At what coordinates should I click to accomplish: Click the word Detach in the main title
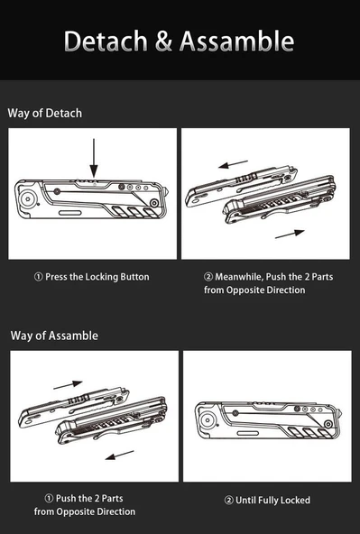pyautogui.click(x=107, y=41)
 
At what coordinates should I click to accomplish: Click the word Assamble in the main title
pyautogui.click(x=236, y=41)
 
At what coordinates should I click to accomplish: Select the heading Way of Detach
pyautogui.click(x=45, y=113)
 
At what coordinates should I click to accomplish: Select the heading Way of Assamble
pyautogui.click(x=54, y=336)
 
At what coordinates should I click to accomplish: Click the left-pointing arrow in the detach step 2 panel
pyautogui.click(x=234, y=165)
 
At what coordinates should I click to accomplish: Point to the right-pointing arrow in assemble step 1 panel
pyautogui.click(x=68, y=384)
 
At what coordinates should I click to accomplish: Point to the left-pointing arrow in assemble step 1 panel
pyautogui.click(x=119, y=456)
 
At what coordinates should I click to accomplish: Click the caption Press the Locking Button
pyautogui.click(x=91, y=277)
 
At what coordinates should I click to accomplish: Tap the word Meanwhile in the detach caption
pyautogui.click(x=238, y=277)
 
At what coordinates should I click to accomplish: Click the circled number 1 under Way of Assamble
pyautogui.click(x=49, y=498)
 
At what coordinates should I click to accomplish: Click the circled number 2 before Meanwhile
pyautogui.click(x=208, y=277)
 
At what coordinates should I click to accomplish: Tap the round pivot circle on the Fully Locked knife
pyautogui.click(x=207, y=419)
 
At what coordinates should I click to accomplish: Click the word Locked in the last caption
pyautogui.click(x=293, y=499)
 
